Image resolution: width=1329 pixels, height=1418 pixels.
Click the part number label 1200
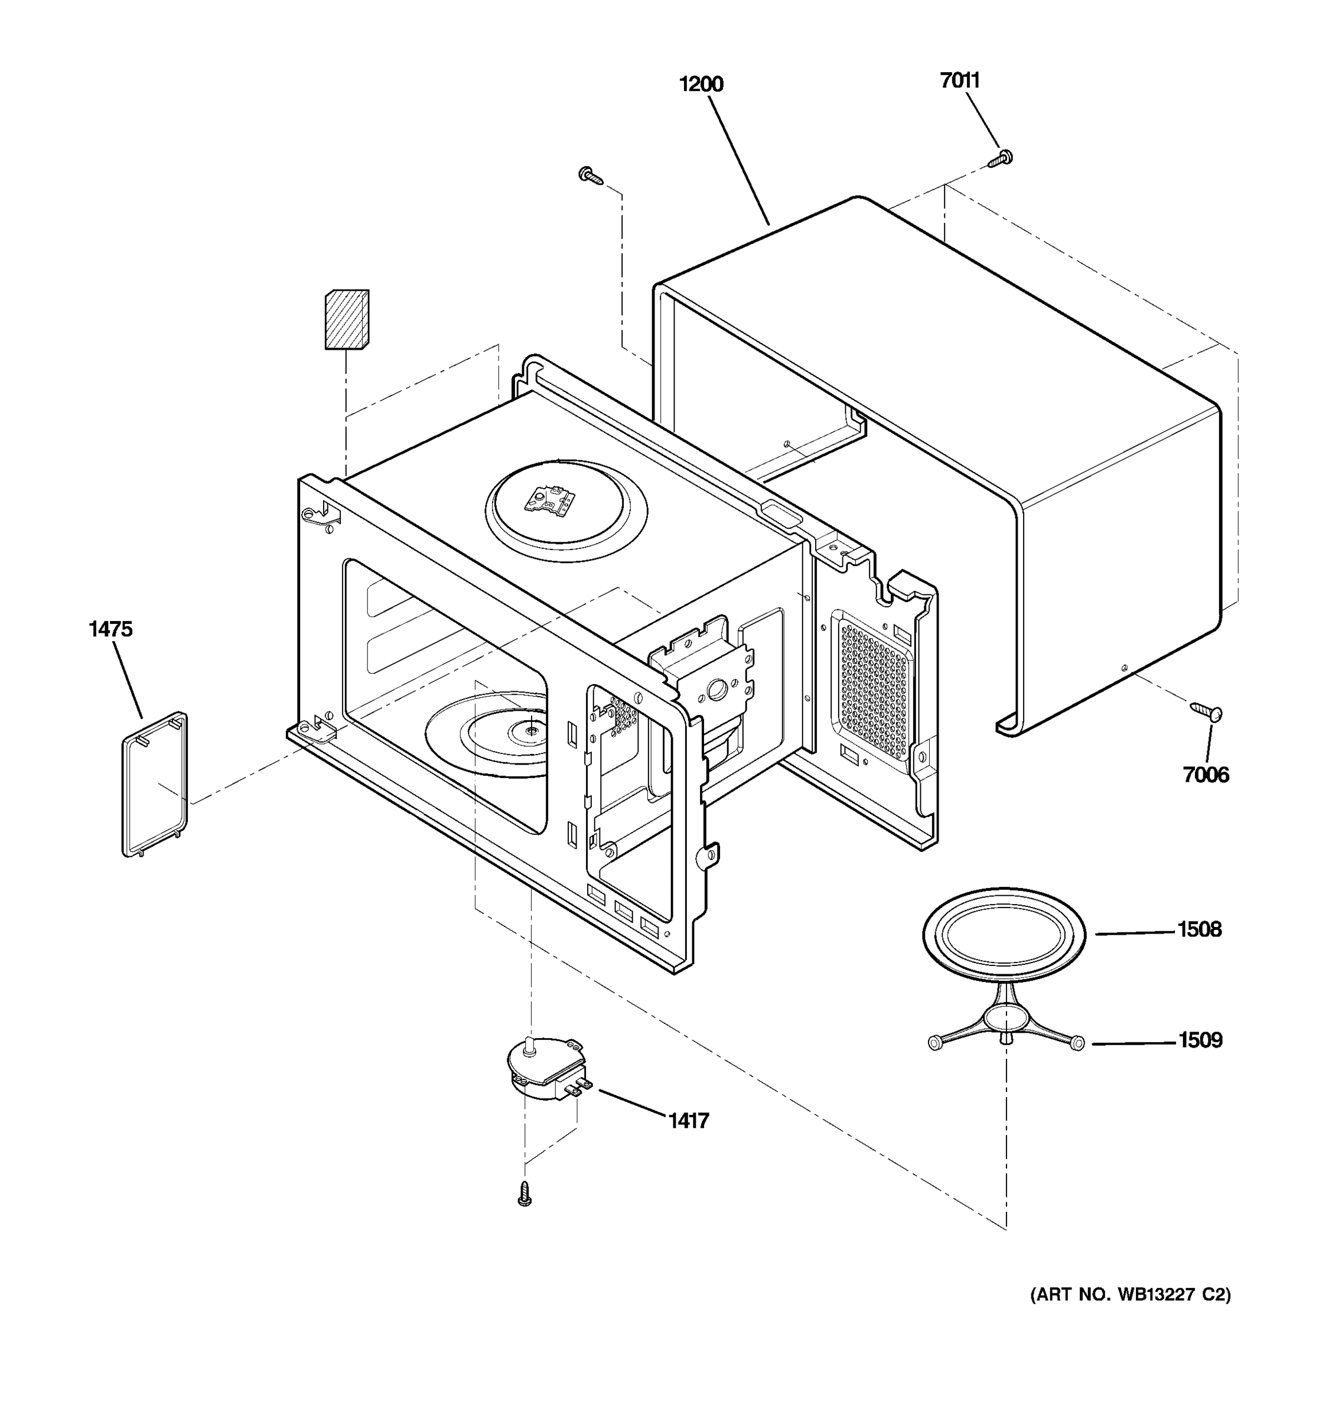click(x=701, y=84)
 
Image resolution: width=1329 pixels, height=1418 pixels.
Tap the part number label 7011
click(x=960, y=80)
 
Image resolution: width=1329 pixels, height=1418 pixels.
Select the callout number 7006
click(x=1206, y=775)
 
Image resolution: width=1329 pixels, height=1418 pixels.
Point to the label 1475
click(x=110, y=629)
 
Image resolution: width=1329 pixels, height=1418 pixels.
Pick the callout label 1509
click(x=1200, y=1040)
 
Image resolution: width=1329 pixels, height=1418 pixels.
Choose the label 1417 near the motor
click(x=689, y=1121)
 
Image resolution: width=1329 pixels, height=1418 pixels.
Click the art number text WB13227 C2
click(x=1130, y=1295)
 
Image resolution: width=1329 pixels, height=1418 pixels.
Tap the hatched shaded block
click(x=347, y=319)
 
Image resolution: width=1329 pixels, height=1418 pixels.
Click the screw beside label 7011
click(x=1001, y=158)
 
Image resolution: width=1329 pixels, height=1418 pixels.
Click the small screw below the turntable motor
click(x=525, y=1193)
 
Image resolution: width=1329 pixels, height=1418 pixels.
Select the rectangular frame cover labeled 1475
click(x=155, y=784)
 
